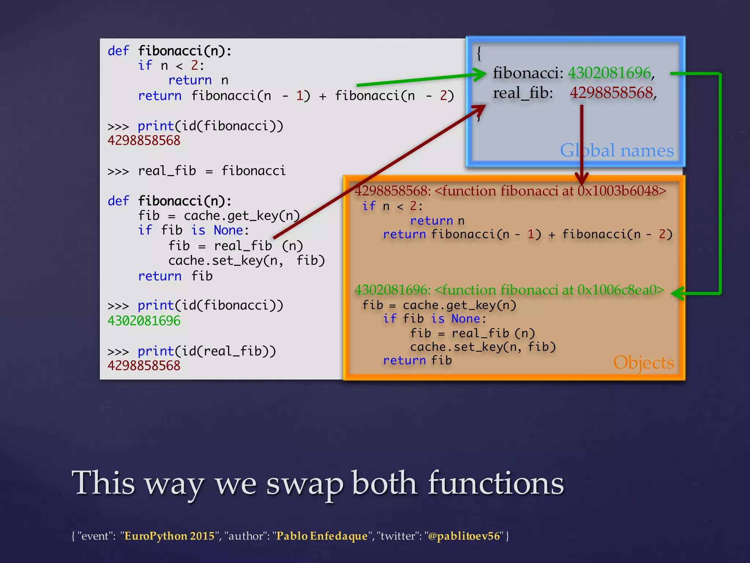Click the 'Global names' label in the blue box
point(617,150)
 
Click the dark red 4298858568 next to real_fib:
point(611,93)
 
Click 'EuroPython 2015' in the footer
point(169,536)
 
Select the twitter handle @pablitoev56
point(464,536)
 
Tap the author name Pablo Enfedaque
point(322,536)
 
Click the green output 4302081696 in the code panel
point(144,321)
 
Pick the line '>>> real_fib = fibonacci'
point(196,171)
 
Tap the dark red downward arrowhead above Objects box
point(582,179)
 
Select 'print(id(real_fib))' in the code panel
point(207,351)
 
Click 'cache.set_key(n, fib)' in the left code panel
point(246,261)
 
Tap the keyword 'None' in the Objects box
point(465,319)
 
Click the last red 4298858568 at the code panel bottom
point(144,365)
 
